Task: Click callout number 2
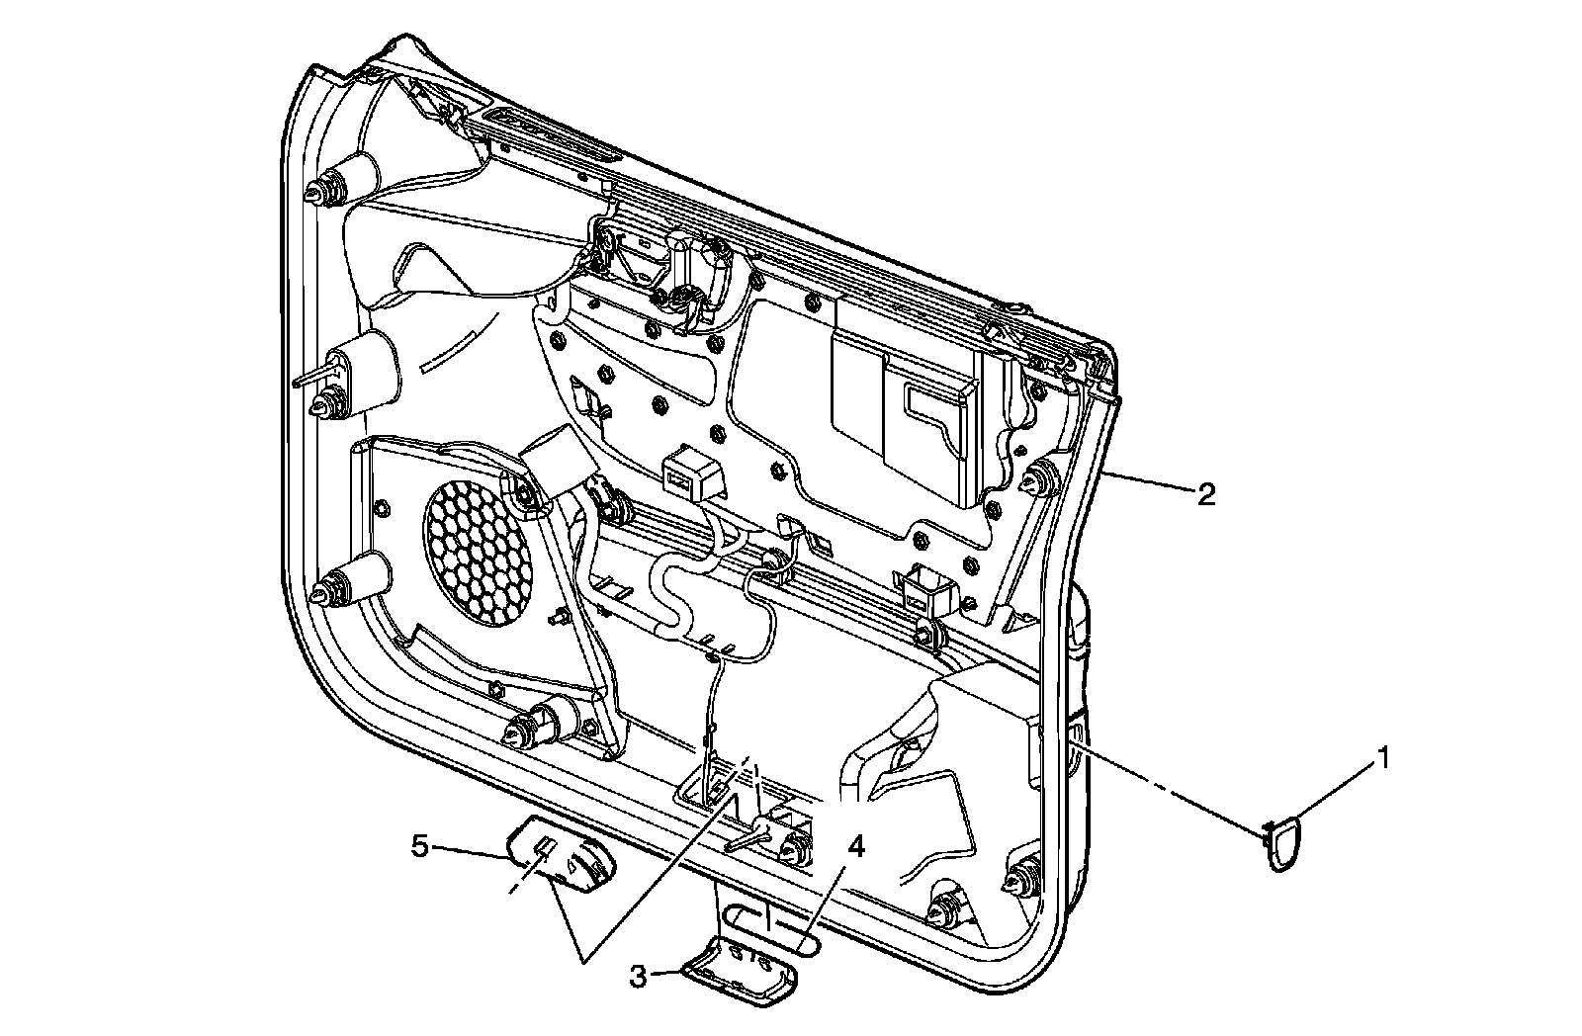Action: point(1205,493)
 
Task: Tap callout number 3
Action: point(639,977)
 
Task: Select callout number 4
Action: point(856,846)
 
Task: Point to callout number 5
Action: point(420,846)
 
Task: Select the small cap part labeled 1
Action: point(1282,842)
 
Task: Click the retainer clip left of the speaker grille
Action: point(327,590)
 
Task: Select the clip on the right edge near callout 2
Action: point(1039,480)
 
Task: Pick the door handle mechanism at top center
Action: point(682,272)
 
